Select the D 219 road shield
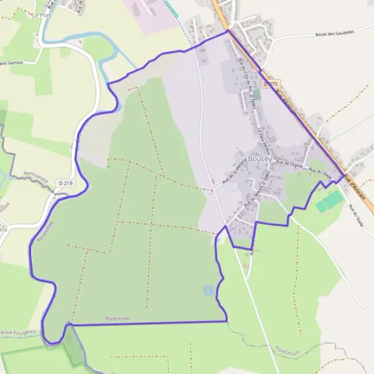coord(64,183)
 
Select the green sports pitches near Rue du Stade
coord(329,201)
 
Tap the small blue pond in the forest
coord(208,290)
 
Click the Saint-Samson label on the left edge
coord(11,63)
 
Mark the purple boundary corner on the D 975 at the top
coord(227,30)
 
